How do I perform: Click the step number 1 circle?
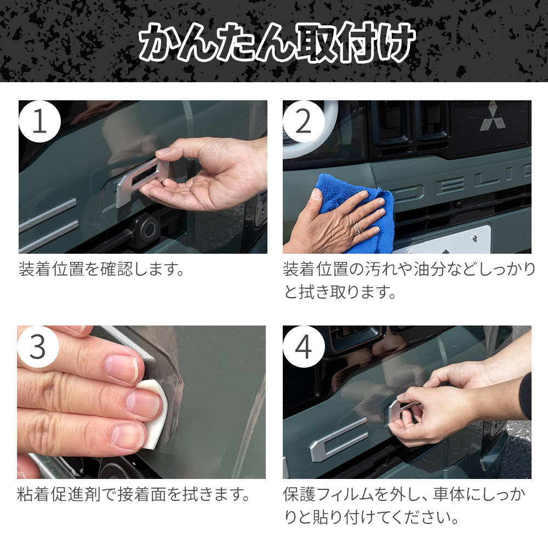pyautogui.click(x=39, y=122)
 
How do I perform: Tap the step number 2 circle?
pyautogui.click(x=304, y=122)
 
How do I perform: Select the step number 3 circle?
pyautogui.click(x=38, y=347)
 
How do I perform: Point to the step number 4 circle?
pyautogui.click(x=304, y=347)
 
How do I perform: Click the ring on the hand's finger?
pyautogui.click(x=357, y=228)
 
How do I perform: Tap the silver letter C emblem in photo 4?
pyautogui.click(x=337, y=438)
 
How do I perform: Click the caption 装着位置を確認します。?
pyautogui.click(x=102, y=269)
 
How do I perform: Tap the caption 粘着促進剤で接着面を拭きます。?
pyautogui.click(x=134, y=494)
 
